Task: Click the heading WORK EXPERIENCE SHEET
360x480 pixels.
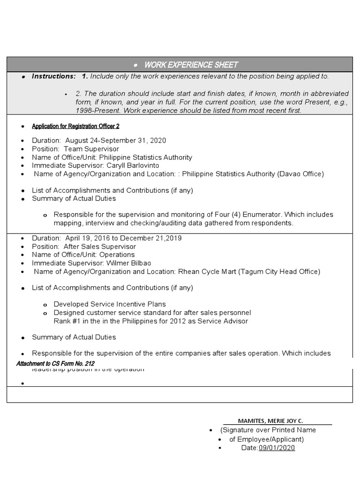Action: (191, 65)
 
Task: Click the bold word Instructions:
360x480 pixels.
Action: (53, 76)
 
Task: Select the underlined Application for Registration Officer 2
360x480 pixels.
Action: (79, 127)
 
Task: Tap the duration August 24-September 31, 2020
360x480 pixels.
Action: (115, 141)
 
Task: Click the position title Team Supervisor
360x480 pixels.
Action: (91, 149)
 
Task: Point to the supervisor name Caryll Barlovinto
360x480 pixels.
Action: (133, 165)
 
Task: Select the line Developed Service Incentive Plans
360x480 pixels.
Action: (110, 304)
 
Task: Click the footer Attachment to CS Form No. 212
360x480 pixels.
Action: (55, 363)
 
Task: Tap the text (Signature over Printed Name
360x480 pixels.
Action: (268, 430)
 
